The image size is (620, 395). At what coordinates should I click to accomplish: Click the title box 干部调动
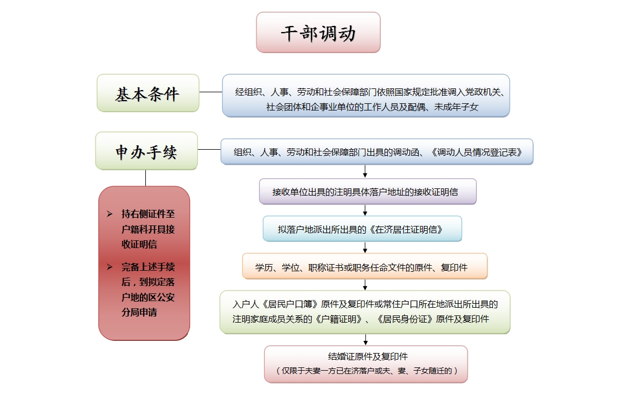318,33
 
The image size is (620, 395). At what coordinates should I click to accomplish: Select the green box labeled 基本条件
148,93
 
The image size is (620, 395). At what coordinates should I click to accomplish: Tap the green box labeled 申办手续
146,151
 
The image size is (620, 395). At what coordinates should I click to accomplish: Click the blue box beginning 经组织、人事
366,96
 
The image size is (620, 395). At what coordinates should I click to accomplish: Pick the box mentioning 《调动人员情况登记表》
377,152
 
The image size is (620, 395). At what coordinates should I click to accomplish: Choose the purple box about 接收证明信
367,192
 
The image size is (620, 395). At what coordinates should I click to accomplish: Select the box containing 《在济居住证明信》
362,229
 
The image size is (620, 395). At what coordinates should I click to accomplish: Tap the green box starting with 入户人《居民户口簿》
365,312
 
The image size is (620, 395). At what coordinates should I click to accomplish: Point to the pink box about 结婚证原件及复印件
366,364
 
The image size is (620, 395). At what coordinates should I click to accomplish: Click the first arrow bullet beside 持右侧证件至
109,214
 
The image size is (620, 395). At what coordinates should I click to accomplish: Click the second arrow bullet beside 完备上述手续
109,267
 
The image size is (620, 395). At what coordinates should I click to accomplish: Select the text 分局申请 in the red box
139,312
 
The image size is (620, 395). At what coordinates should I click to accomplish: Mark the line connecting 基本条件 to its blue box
211,92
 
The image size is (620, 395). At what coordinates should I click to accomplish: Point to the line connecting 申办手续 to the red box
145,178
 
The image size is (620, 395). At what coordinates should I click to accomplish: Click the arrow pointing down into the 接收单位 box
365,172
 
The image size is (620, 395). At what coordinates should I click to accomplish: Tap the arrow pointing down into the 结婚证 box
365,340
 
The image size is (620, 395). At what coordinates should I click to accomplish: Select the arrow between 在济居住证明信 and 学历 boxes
365,247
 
